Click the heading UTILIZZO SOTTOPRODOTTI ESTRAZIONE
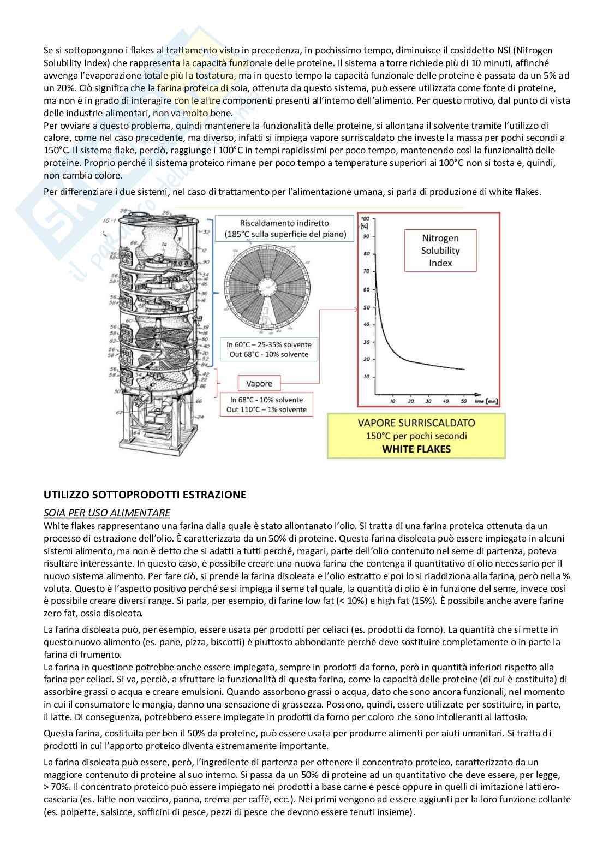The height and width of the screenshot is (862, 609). click(145, 495)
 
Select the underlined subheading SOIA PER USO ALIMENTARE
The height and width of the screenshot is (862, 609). click(106, 513)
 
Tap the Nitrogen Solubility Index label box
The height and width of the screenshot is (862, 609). click(440, 250)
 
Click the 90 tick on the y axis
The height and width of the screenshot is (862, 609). click(367, 236)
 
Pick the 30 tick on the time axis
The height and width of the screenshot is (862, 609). click(428, 401)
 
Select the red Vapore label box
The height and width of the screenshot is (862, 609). click(259, 383)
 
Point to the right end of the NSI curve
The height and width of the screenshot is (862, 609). click(464, 370)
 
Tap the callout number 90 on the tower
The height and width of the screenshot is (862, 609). click(205, 263)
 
